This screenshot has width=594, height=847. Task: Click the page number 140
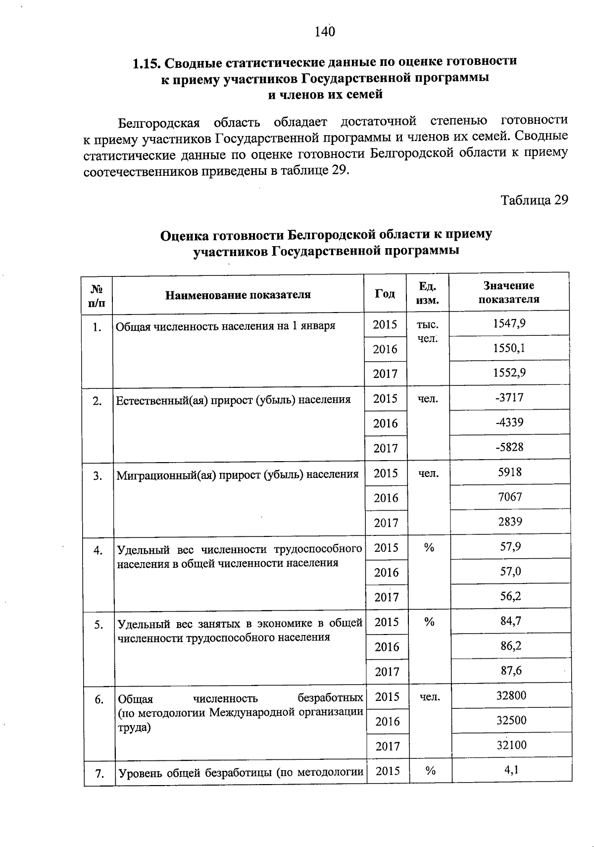pos(325,32)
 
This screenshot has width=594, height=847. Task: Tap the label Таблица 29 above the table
pos(534,200)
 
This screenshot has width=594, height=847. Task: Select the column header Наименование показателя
pos(238,295)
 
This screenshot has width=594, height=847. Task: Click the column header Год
pos(385,294)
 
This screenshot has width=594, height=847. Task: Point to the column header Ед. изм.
pos(427,293)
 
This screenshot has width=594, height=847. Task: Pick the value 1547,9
pos(509,323)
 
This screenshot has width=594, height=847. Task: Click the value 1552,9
pos(509,373)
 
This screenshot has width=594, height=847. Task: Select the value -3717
pos(509,398)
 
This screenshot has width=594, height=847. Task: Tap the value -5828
pos(510,447)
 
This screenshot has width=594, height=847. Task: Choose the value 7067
pos(510,497)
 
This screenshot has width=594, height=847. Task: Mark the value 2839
pos(510,522)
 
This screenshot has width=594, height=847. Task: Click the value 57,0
pos(511,572)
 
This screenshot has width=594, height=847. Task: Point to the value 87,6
pos(511,671)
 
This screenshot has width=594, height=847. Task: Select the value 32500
pos(512,720)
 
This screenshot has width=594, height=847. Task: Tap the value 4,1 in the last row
pos(512,770)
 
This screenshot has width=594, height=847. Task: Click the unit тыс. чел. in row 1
pos(427,331)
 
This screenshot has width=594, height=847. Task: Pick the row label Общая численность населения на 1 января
pos(226,326)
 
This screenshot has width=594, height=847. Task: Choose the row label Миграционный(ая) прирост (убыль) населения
pos(238,475)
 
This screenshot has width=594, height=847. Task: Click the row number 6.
pos(99,699)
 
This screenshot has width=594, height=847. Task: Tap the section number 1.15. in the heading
pos(146,63)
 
